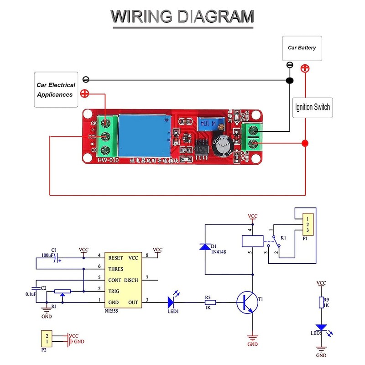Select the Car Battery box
(302, 48)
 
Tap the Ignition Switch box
(313, 108)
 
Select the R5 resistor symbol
(212, 302)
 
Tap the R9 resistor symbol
(321, 302)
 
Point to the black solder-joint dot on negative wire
(289, 81)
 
